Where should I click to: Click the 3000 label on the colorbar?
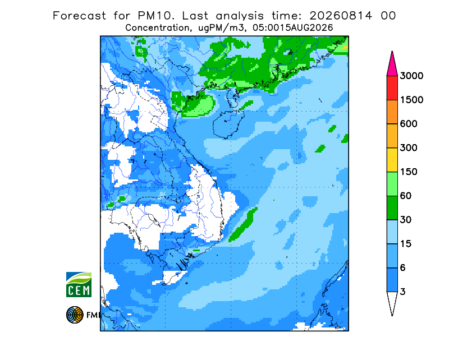click(411, 76)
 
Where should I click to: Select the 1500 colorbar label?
click(411, 100)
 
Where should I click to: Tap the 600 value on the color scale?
click(409, 124)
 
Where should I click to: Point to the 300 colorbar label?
click(409, 148)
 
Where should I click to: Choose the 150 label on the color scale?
click(409, 172)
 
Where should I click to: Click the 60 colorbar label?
click(406, 196)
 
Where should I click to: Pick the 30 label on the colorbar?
click(406, 220)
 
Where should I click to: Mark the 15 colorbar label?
click(406, 244)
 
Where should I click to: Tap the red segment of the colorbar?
click(392, 88)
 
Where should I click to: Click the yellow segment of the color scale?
click(392, 160)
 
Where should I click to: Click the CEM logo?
click(79, 284)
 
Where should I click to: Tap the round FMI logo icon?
click(75, 315)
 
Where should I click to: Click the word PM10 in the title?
click(155, 16)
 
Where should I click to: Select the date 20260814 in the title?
click(341, 16)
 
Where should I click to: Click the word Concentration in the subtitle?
click(157, 28)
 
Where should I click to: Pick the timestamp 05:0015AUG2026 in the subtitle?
click(292, 28)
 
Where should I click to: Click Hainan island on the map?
click(228, 124)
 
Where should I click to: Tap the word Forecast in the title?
click(79, 16)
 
